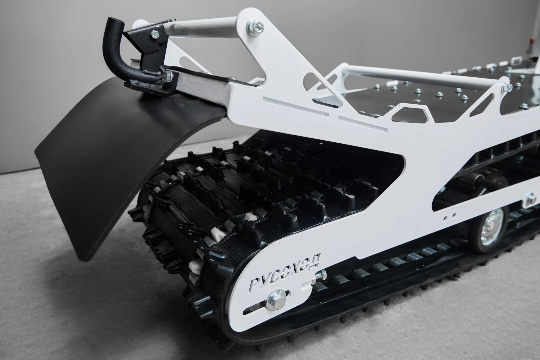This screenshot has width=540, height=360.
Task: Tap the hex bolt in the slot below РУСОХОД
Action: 276,300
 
